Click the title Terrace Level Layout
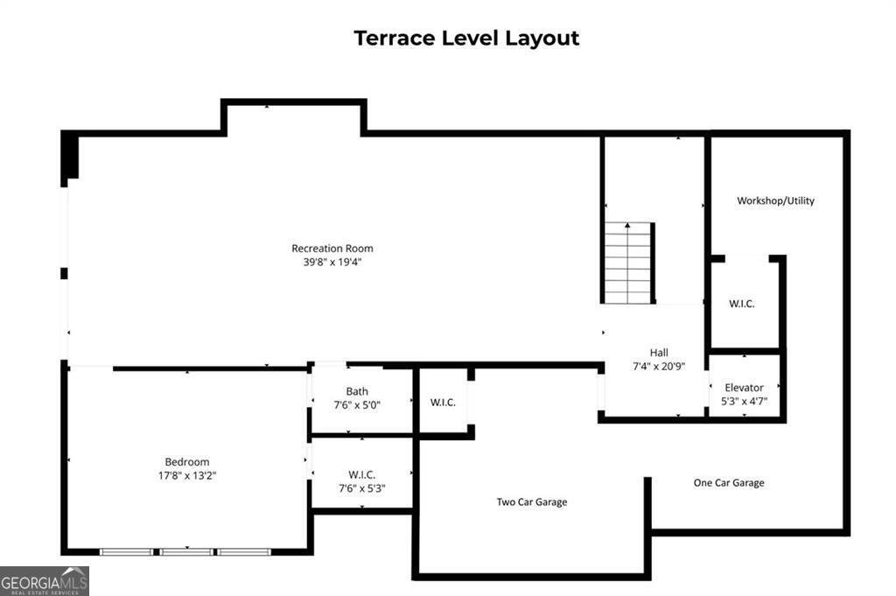(x=466, y=39)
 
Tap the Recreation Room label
(x=332, y=249)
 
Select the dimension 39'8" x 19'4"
(x=332, y=262)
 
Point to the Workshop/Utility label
(x=775, y=200)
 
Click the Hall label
(x=659, y=353)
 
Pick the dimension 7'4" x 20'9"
(x=659, y=366)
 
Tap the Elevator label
(x=744, y=388)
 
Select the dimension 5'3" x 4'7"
(x=744, y=401)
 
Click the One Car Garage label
(x=728, y=483)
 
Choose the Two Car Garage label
(x=532, y=502)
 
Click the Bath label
(x=357, y=391)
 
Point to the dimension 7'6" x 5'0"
(x=357, y=405)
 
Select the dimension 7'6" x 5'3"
(x=361, y=488)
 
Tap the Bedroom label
(x=187, y=462)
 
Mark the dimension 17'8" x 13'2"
(x=187, y=476)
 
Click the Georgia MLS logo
(x=44, y=581)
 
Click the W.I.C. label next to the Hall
(x=741, y=305)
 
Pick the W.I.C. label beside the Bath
(x=443, y=403)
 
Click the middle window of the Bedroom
(x=185, y=552)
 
